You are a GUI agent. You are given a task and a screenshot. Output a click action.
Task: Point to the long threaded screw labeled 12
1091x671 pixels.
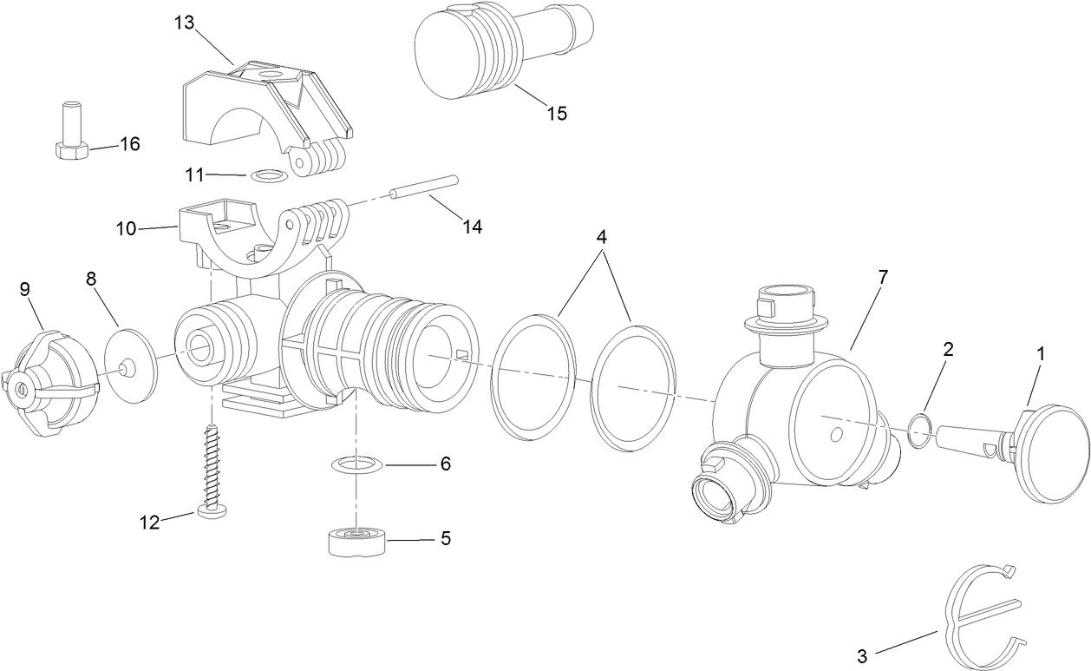point(212,470)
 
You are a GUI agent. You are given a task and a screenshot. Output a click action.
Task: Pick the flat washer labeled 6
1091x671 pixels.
point(356,465)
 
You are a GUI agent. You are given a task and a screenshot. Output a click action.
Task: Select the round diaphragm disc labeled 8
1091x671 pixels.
point(129,365)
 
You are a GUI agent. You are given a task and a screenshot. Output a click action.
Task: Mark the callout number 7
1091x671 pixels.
point(883,277)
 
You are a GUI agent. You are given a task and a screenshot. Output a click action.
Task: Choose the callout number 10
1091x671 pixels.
point(127,228)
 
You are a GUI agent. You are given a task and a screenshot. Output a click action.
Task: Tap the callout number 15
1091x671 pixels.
point(556,113)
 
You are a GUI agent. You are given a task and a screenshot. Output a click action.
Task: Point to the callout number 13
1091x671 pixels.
point(185,23)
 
